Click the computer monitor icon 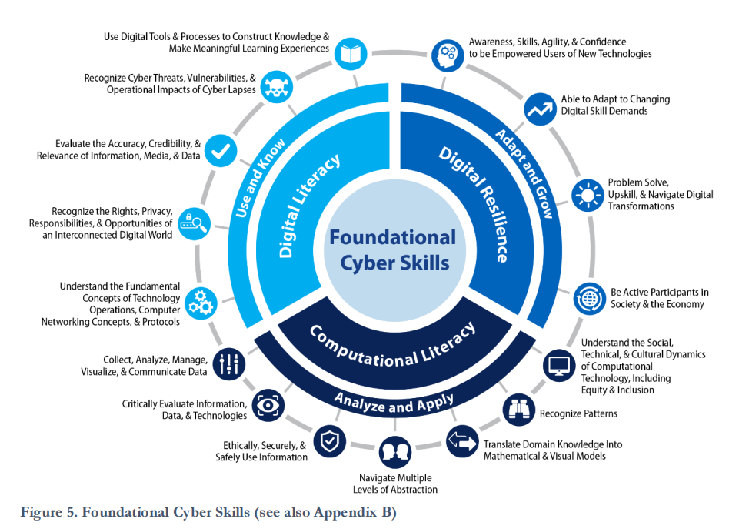[x=558, y=364]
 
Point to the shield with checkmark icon [x=328, y=442]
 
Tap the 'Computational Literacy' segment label [x=392, y=344]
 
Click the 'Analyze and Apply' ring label [x=394, y=400]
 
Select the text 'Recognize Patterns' [x=578, y=413]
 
